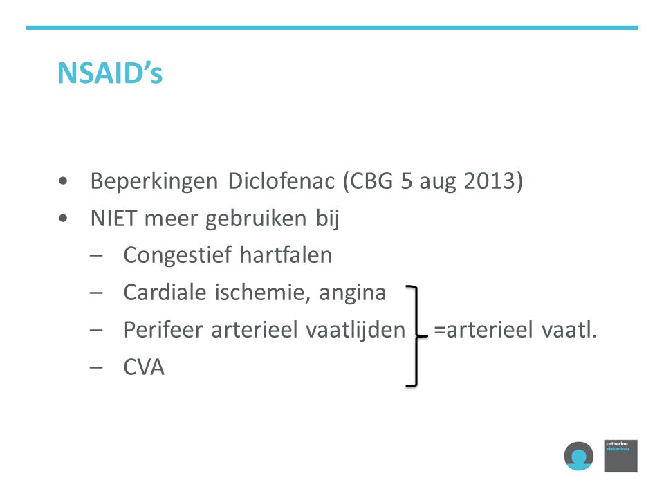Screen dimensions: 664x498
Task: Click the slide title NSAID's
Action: (x=110, y=73)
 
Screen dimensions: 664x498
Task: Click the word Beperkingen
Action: (x=154, y=182)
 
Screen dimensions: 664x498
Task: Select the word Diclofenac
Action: (x=282, y=181)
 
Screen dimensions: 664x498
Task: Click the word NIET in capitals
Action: (x=113, y=219)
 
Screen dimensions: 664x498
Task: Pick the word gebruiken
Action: (x=256, y=219)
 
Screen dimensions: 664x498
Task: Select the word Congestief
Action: (x=178, y=256)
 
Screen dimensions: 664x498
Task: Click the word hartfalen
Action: (x=286, y=255)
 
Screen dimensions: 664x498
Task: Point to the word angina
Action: (x=352, y=293)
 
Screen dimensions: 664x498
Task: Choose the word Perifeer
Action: (x=163, y=330)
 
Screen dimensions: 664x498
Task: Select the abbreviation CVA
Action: (x=144, y=367)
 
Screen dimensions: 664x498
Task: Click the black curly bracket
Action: (x=416, y=337)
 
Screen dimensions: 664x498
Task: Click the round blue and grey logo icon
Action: (x=578, y=456)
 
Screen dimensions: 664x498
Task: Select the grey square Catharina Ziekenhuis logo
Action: (x=620, y=456)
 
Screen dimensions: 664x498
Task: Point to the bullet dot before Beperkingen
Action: (x=63, y=181)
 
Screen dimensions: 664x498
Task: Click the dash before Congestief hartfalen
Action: (x=96, y=256)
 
